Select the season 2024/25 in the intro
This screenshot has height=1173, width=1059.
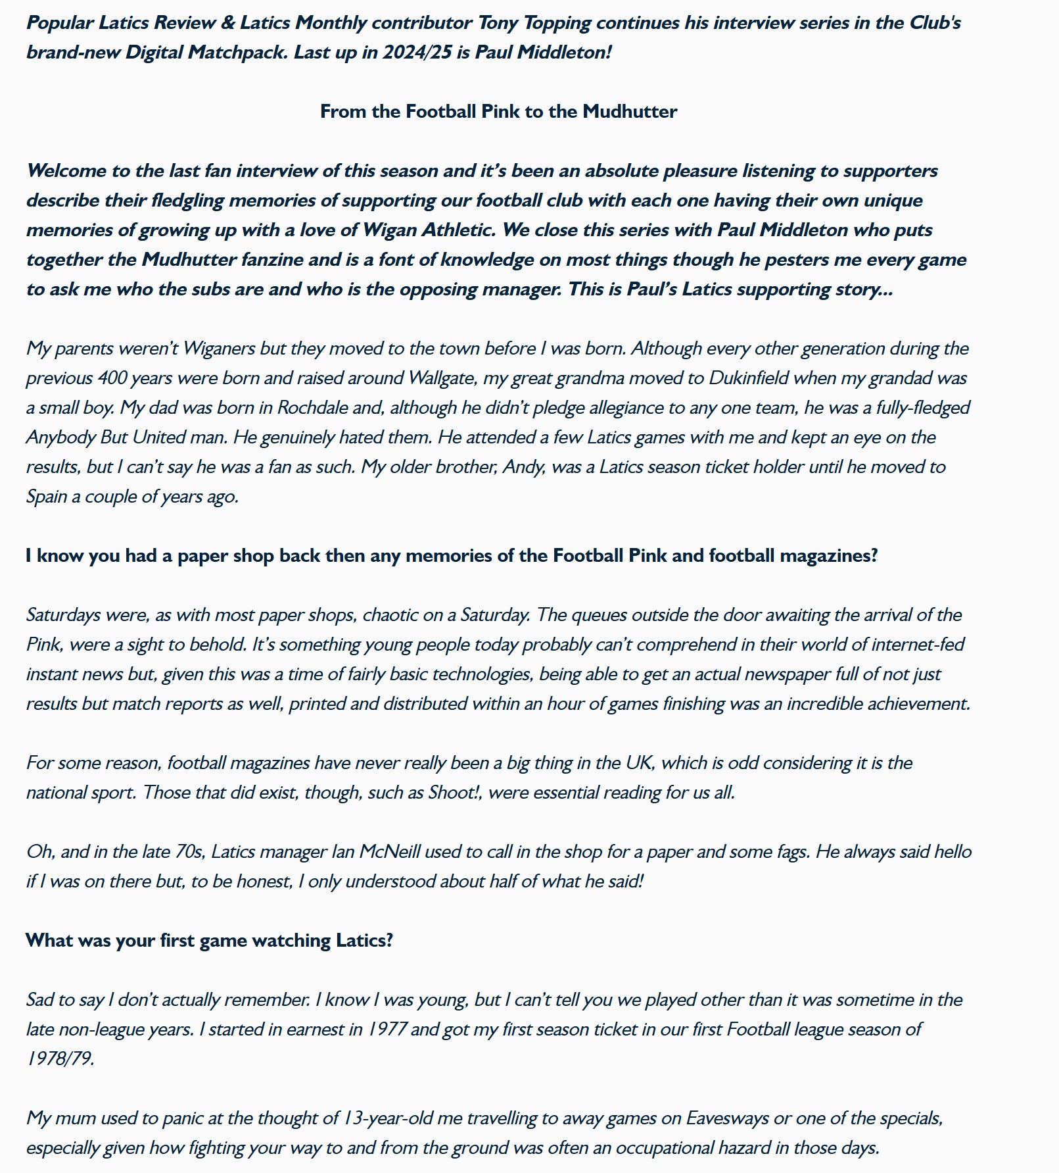tap(417, 52)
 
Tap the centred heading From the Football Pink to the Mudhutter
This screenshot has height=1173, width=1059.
tap(498, 111)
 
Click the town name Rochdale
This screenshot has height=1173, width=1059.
tap(312, 407)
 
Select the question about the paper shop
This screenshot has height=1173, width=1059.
tap(452, 555)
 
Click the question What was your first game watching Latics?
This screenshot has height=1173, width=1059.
tap(209, 940)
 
